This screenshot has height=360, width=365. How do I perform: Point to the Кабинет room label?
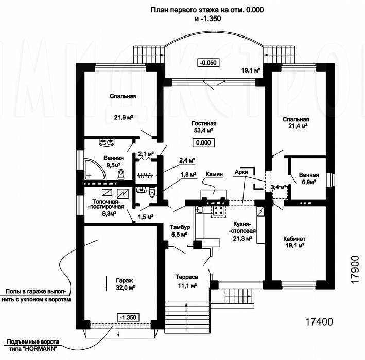tap(294, 239)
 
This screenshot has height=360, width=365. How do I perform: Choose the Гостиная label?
tap(204, 123)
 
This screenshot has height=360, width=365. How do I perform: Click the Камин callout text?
tap(214, 174)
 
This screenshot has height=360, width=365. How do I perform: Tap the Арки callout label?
tap(241, 172)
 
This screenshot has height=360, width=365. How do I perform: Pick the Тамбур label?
tap(180, 227)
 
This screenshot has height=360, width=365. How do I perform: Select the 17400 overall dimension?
tap(319, 322)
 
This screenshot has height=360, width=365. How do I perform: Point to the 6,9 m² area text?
tap(308, 182)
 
